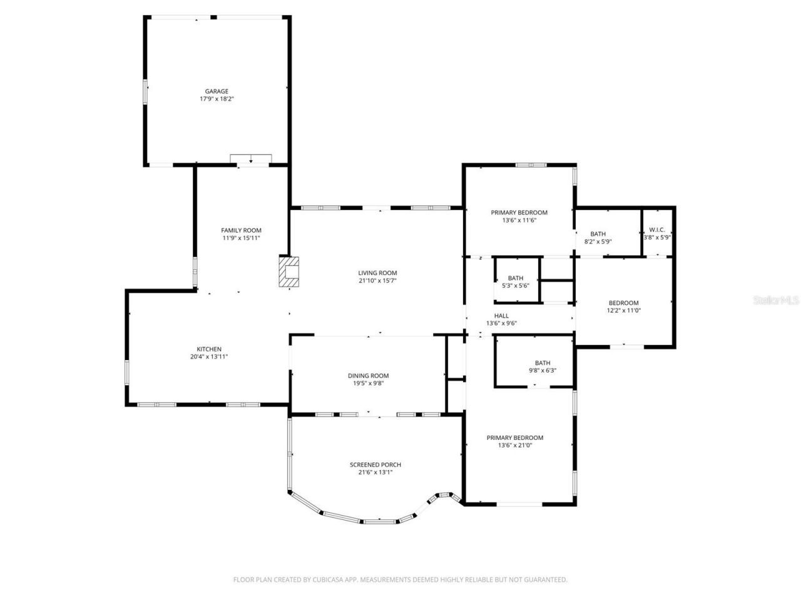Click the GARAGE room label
(217, 91)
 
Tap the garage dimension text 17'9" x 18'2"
(217, 99)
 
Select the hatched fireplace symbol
(289, 272)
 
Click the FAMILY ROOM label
(241, 230)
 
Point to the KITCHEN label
(209, 349)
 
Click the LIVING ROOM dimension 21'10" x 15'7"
(377, 281)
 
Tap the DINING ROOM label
(368, 376)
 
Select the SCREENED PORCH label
(375, 464)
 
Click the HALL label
(501, 316)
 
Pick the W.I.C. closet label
(656, 229)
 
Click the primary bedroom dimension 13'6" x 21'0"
(515, 446)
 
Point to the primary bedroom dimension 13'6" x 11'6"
(519, 220)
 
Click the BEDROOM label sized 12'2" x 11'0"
(623, 302)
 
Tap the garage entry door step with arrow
(250, 159)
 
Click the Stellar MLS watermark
(776, 300)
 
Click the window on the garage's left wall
(146, 91)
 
